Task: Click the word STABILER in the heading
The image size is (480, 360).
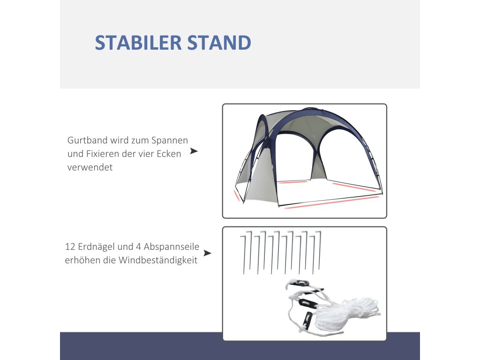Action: (138, 43)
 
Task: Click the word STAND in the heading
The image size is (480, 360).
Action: (219, 43)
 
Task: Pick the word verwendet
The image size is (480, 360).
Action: (90, 167)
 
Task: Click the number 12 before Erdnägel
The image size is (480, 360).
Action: (69, 247)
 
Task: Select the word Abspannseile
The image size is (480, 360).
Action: (172, 247)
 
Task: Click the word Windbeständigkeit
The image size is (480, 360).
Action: (158, 261)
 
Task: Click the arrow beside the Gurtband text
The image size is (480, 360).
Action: (194, 151)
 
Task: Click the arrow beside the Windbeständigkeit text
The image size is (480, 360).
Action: (208, 253)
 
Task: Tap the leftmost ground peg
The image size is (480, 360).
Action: (243, 255)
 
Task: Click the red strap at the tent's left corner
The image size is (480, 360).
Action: (237, 196)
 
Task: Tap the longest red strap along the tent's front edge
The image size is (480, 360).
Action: (332, 202)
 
